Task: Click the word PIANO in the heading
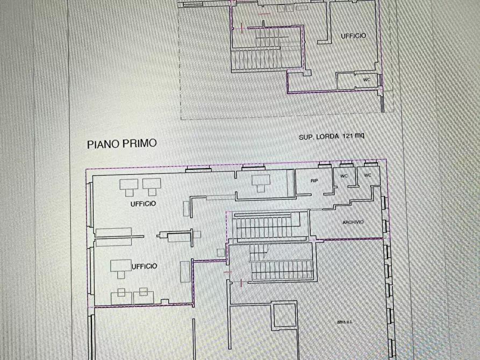(103, 144)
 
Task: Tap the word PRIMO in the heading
(140, 143)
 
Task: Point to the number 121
(347, 135)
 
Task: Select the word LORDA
(327, 136)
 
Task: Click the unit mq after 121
(360, 135)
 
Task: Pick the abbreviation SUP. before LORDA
(306, 137)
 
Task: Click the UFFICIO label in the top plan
(354, 36)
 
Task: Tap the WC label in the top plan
(367, 80)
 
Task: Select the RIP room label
(314, 181)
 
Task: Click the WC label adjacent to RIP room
(344, 176)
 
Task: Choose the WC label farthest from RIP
(368, 175)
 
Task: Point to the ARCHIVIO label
(353, 222)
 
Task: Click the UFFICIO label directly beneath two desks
(144, 204)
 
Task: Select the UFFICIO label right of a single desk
(145, 267)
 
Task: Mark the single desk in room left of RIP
(261, 183)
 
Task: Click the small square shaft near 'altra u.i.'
(284, 315)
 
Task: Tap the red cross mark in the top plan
(242, 28)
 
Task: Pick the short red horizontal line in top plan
(264, 14)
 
